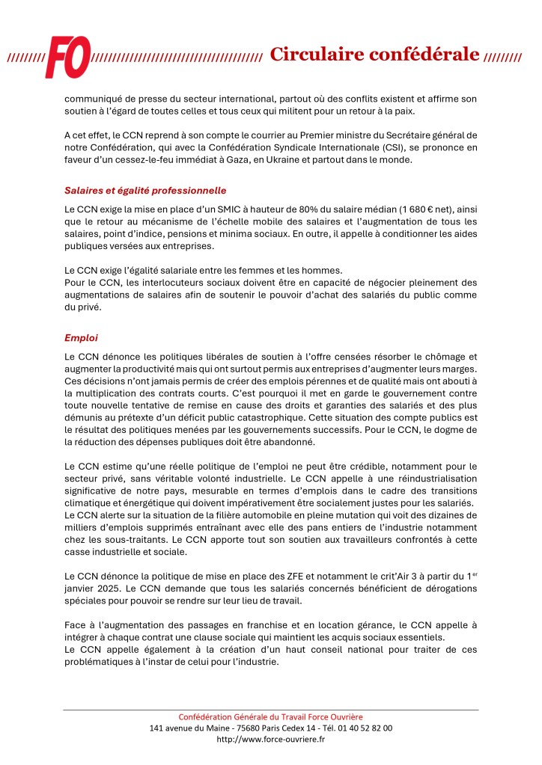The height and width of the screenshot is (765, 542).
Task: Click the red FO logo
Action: (67, 57)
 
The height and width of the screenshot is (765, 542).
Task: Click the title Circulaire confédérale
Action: (374, 54)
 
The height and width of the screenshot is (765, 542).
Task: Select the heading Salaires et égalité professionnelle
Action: (145, 191)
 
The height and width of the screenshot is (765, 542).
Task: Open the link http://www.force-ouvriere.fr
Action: (270, 739)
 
